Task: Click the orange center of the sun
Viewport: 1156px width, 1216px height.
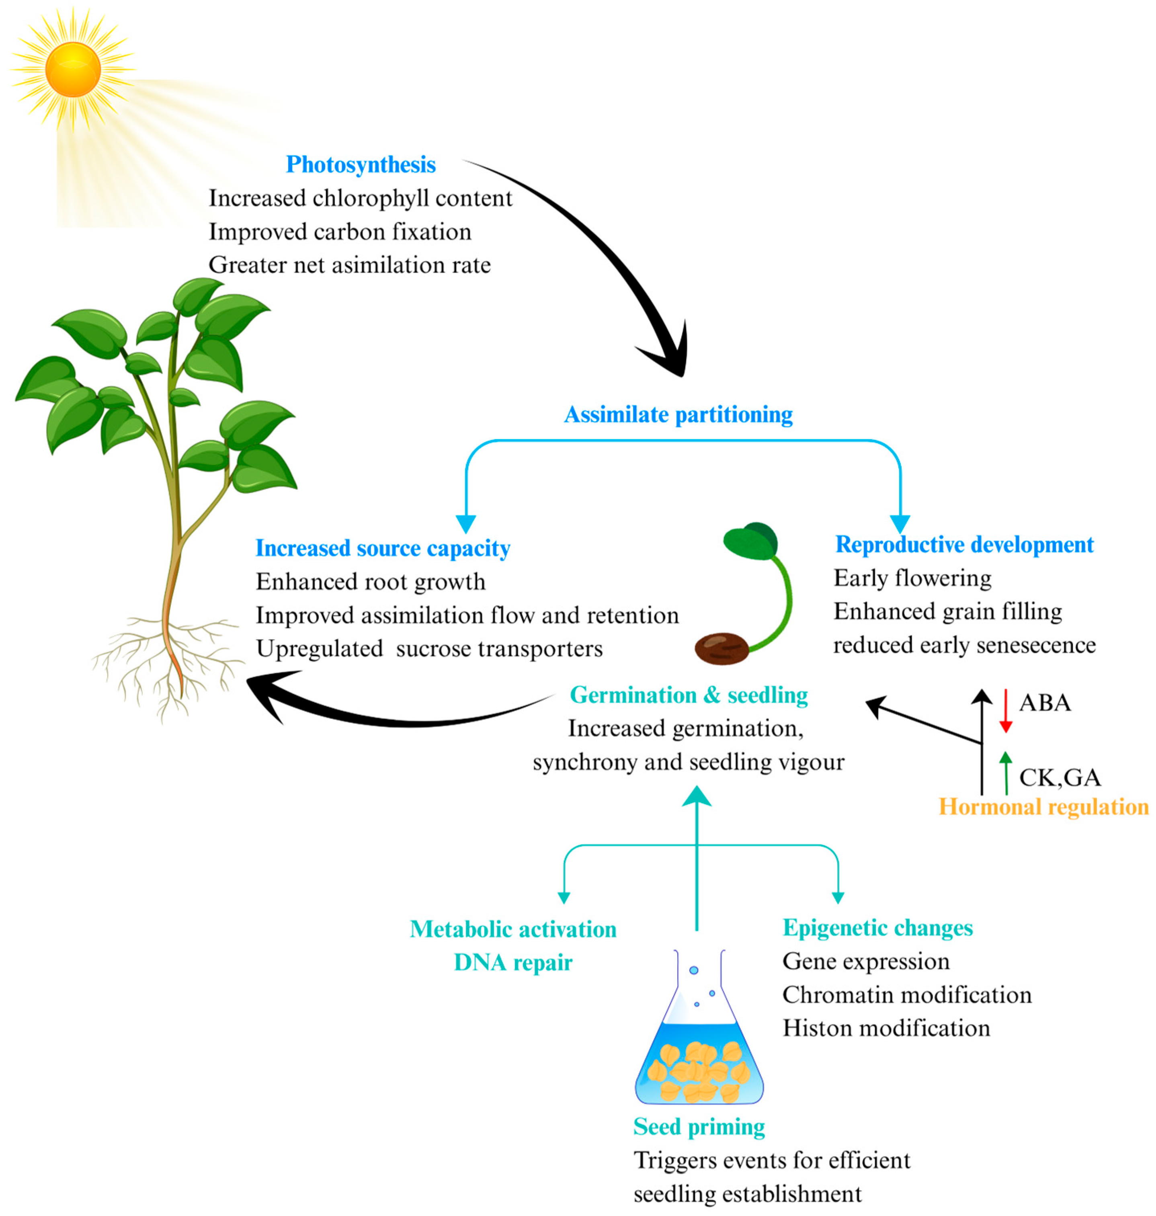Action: click(x=73, y=69)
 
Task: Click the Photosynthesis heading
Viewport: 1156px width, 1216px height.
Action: click(x=361, y=164)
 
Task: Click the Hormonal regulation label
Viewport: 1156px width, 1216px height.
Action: click(x=1043, y=807)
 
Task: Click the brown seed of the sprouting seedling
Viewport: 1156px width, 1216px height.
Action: click(x=721, y=648)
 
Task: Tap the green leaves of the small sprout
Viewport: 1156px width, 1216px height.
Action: click(x=750, y=541)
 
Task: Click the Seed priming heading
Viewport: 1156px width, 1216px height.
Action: click(x=699, y=1127)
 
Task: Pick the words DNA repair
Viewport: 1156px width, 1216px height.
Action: click(x=512, y=962)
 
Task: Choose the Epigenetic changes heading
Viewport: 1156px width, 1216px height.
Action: click(x=877, y=927)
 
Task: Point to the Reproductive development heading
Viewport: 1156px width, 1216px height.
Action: click(x=964, y=544)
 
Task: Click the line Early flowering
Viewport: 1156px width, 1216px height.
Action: click(x=912, y=578)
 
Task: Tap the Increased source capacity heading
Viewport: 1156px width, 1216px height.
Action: click(x=383, y=548)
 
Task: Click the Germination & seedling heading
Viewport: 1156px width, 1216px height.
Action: click(x=688, y=695)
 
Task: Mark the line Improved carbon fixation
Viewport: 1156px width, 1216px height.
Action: click(x=340, y=232)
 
